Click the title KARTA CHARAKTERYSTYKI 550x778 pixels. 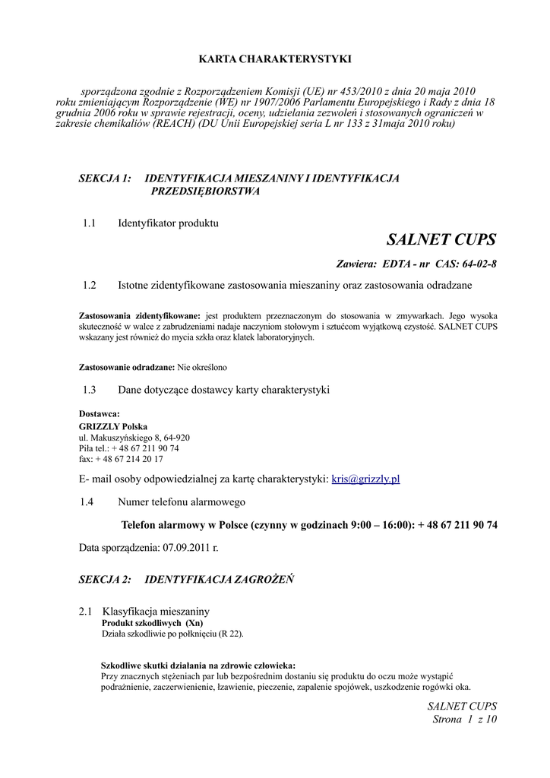point(274,58)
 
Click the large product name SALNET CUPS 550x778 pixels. point(441,240)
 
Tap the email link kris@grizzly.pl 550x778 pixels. point(366,479)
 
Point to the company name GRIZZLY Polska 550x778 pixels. point(114,427)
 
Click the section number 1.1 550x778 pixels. point(90,223)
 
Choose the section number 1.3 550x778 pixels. point(90,390)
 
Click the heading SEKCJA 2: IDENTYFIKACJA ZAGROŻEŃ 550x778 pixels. point(187,579)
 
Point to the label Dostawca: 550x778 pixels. point(100,414)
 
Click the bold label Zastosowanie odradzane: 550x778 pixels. point(127,367)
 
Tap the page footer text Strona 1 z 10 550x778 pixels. point(464,719)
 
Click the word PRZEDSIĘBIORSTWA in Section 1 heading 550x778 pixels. point(206,191)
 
